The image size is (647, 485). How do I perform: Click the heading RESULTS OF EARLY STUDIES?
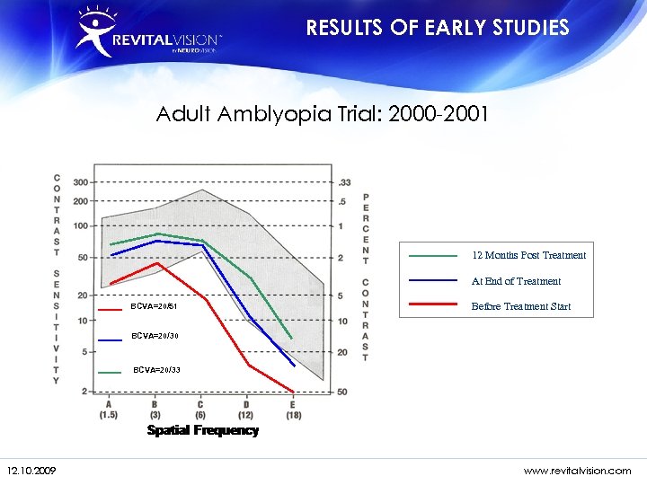coord(438,28)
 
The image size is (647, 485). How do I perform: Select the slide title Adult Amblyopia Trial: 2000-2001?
coord(323,114)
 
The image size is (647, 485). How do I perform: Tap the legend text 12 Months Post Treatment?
coord(528,255)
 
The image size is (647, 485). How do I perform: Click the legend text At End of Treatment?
coord(516,281)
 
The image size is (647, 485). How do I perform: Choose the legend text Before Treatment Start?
coord(520,306)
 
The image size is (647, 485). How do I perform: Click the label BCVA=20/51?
coord(154,307)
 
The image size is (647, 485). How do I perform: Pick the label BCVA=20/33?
coord(156,369)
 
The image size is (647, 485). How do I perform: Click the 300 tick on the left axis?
coord(81,182)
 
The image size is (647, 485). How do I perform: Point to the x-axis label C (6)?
coord(200,409)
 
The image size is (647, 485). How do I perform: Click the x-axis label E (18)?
coord(294,409)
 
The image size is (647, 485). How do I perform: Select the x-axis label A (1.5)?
coord(109,409)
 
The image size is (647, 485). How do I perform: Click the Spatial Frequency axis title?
coord(202,431)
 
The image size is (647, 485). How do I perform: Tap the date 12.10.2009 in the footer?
coord(31,470)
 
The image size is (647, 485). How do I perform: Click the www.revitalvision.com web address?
coord(577,470)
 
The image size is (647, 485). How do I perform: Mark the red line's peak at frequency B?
coord(157,263)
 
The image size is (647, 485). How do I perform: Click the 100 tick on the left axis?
coord(81,225)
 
